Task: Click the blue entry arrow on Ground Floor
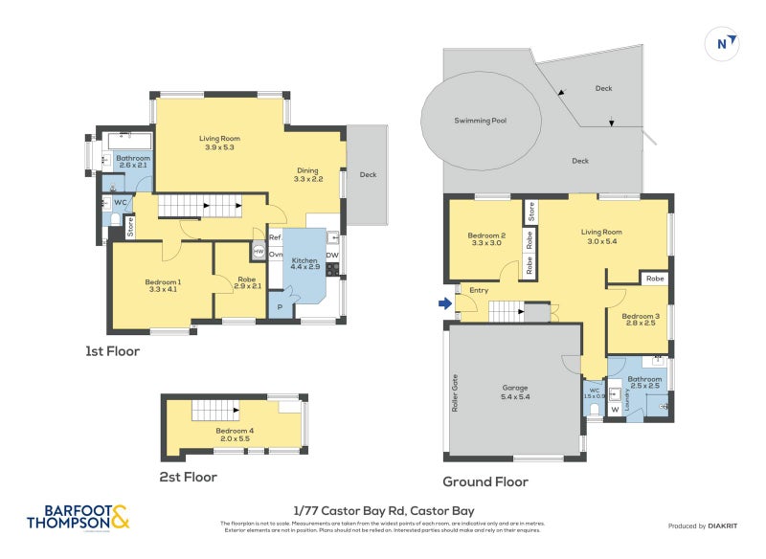(443, 304)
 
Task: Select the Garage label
(515, 391)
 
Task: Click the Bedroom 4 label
(235, 433)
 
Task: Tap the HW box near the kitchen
(258, 251)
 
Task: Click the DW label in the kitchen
(331, 255)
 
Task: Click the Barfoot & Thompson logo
(78, 517)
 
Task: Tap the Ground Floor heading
(484, 482)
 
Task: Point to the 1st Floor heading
(112, 351)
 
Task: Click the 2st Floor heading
(189, 477)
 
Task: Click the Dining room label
(308, 174)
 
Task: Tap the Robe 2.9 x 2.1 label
(247, 282)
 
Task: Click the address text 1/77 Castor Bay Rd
(382, 511)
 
